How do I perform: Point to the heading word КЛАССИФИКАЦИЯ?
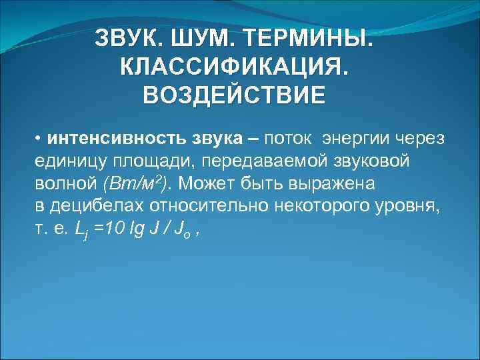234,66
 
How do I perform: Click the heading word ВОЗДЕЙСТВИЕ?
234,94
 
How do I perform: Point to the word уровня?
409,206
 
